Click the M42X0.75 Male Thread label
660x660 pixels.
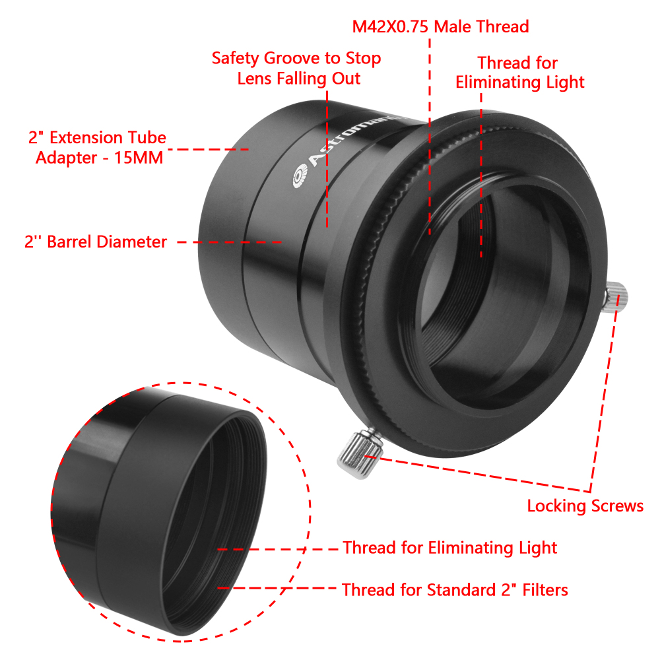tap(440, 26)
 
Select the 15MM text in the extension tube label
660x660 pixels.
tap(139, 158)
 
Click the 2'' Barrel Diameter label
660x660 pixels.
tap(96, 242)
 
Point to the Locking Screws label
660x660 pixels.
tap(585, 506)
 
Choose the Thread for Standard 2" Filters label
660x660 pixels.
tap(455, 589)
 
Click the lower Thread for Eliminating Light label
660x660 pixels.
tap(449, 548)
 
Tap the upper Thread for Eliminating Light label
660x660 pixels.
tap(520, 73)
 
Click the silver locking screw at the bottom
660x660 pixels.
tap(360, 453)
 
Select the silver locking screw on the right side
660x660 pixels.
tap(616, 297)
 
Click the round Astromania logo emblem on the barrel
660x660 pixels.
tap(300, 177)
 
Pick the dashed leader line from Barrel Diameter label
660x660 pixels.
tap(230, 242)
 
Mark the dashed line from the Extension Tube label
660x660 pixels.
tap(209, 149)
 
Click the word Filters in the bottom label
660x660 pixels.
tap(545, 589)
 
